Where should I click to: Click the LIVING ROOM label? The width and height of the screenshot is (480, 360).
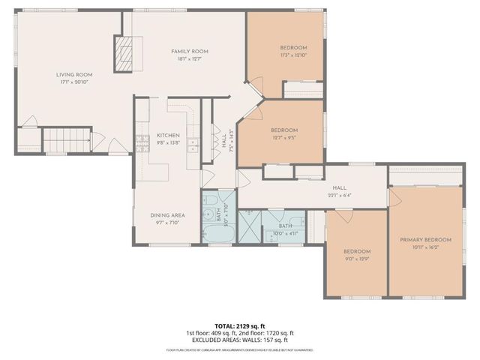tap(74, 74)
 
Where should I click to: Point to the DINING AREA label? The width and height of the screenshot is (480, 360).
tap(168, 215)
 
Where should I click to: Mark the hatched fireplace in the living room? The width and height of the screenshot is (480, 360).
tap(123, 54)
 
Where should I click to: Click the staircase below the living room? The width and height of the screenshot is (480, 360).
tap(66, 140)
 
